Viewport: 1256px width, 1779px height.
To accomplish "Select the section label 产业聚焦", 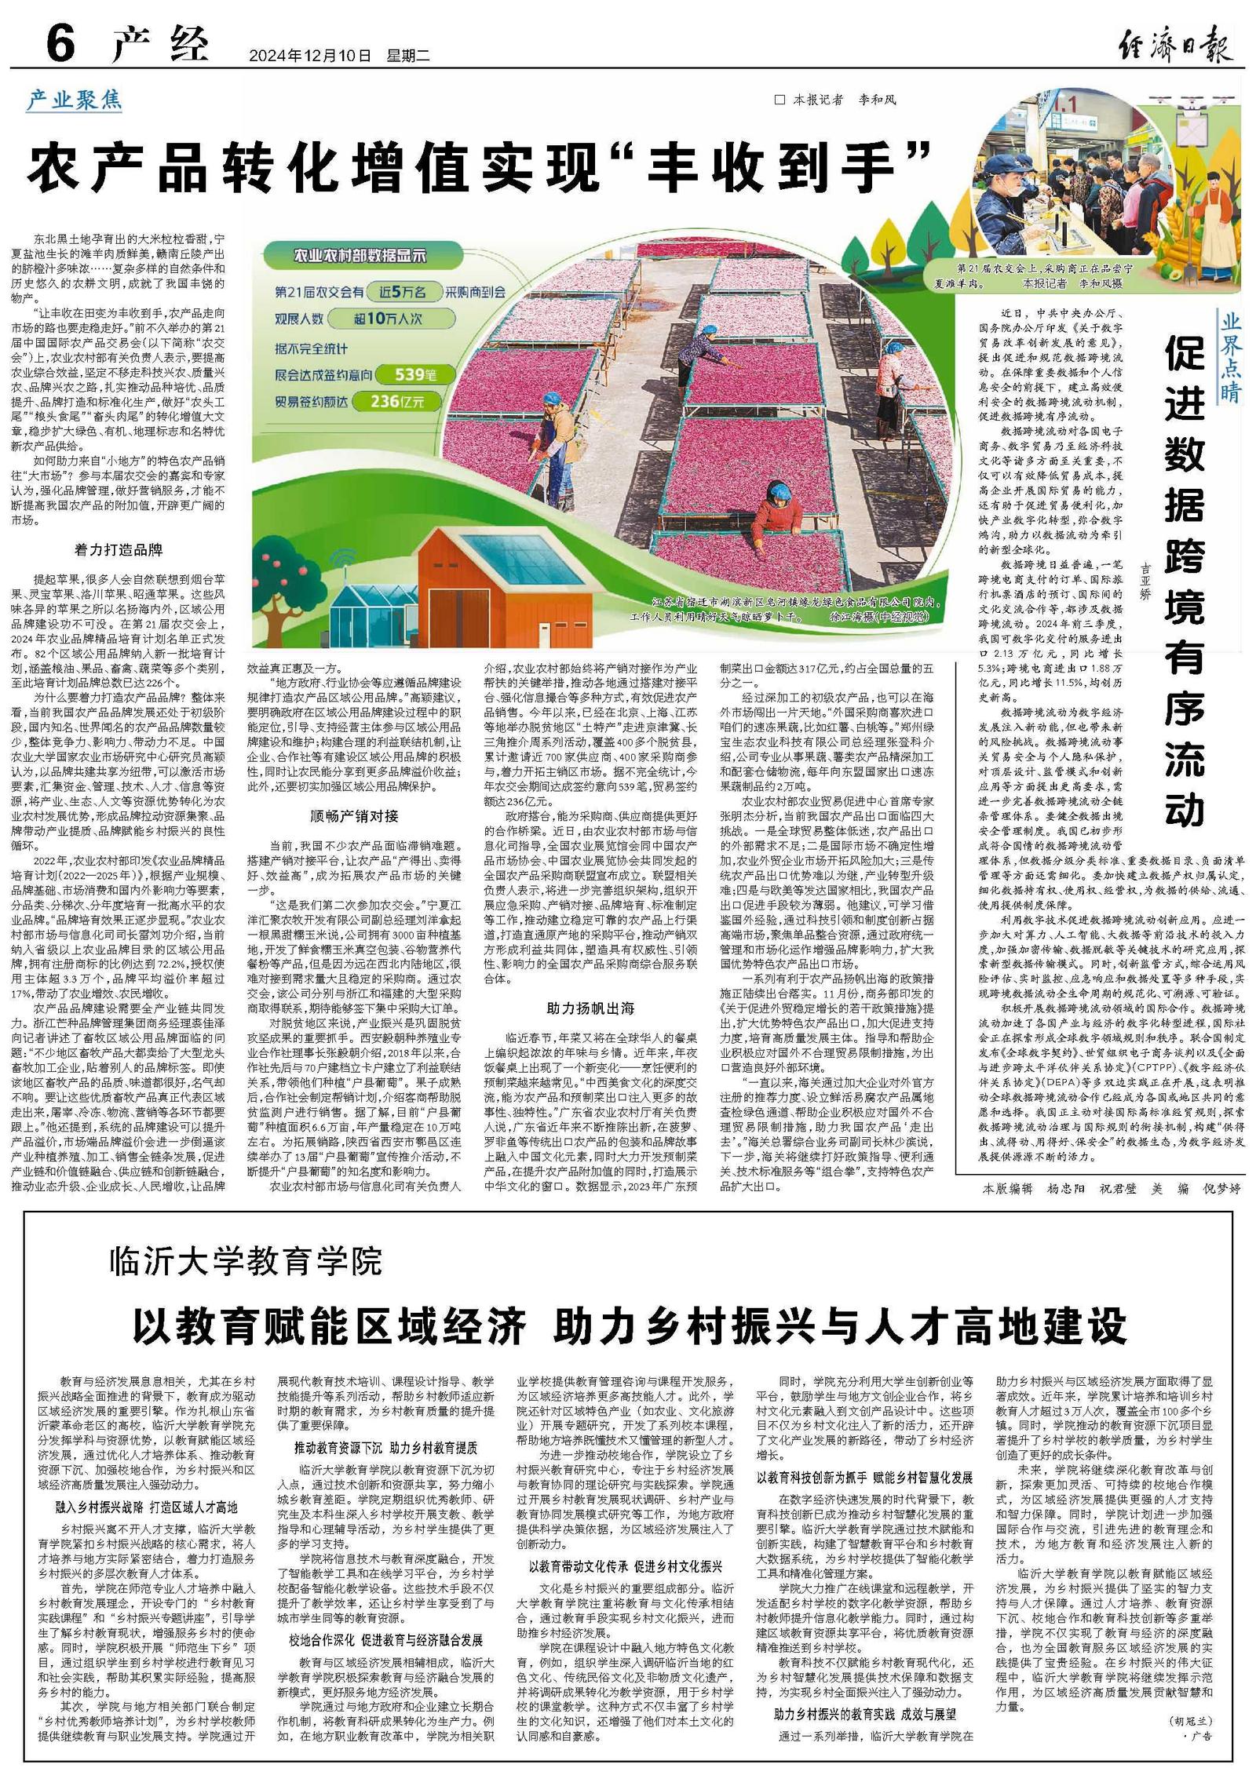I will [x=75, y=100].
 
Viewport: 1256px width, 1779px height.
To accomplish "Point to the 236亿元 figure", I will [x=397, y=401].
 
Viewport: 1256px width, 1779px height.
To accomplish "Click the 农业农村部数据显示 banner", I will [x=360, y=255].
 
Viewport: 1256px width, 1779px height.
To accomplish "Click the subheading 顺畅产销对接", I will [x=354, y=815].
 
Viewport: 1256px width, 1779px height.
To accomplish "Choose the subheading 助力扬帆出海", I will [x=590, y=1008].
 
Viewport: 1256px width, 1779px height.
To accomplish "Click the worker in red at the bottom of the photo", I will [x=777, y=510].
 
